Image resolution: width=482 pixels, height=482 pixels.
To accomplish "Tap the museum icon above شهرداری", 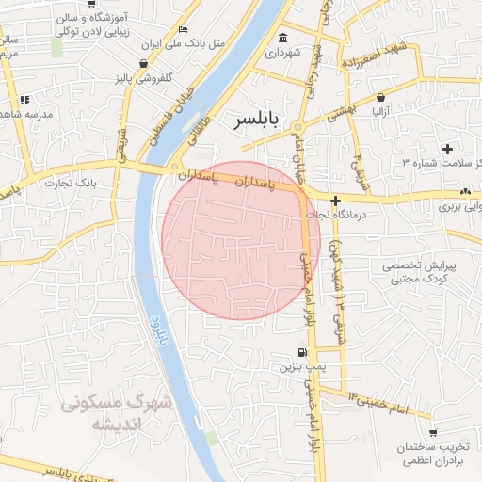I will tap(283, 38).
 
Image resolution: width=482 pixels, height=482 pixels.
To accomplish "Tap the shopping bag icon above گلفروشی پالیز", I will tap(143, 64).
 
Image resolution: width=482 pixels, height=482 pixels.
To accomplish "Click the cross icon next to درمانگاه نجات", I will tap(335, 200).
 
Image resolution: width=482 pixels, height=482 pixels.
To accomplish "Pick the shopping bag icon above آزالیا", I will tap(380, 97).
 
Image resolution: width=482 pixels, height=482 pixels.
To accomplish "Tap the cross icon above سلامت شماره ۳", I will tap(446, 148).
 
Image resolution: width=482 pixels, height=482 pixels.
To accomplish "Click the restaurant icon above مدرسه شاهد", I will tap(24, 99).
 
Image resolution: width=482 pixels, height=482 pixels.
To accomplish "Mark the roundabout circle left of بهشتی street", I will tap(297, 126).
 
